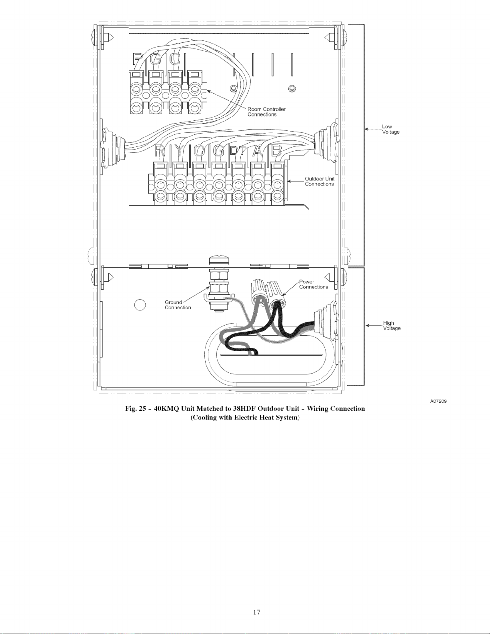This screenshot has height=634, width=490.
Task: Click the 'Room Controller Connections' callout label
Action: [x=266, y=112]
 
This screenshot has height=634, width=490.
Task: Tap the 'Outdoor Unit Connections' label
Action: [x=320, y=181]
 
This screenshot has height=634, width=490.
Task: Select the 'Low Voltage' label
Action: [x=391, y=129]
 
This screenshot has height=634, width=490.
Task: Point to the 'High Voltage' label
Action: [x=392, y=326]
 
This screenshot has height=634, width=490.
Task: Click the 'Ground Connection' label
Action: [x=178, y=305]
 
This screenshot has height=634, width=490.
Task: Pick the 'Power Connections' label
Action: [x=314, y=284]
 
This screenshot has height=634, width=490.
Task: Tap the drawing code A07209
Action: [x=438, y=401]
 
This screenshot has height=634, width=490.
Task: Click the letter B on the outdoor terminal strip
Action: [x=276, y=151]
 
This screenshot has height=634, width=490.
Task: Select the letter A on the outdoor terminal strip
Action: [x=258, y=151]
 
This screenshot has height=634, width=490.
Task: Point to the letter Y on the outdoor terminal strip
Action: [x=180, y=151]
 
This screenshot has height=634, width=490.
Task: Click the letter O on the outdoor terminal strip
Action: [x=199, y=151]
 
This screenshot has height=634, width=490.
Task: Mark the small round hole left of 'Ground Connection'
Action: [x=140, y=305]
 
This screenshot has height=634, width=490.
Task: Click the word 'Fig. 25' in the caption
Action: [x=135, y=409]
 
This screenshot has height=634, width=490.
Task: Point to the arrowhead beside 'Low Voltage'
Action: [x=367, y=129]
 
